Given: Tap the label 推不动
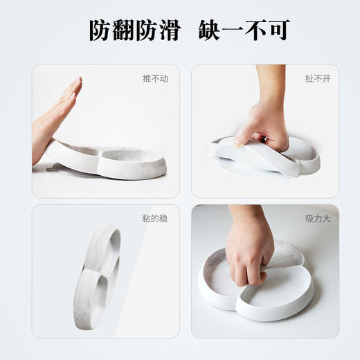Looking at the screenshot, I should (155, 79).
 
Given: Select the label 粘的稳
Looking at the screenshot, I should (155, 219).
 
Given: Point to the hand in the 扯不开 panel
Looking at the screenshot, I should (263, 128).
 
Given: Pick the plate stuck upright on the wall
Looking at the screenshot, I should (97, 273).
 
